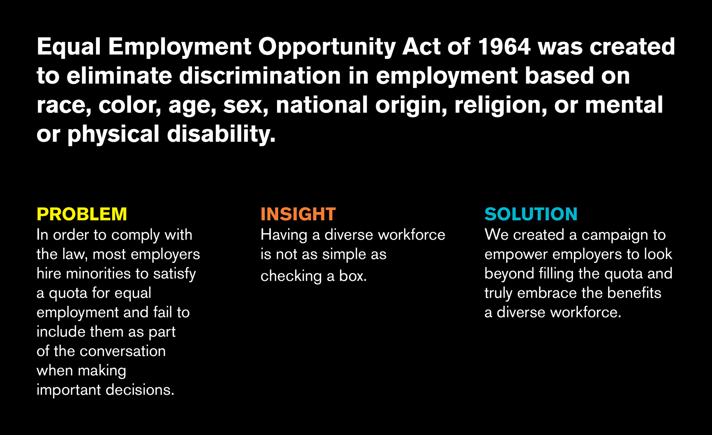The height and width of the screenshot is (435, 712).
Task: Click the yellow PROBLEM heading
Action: click(82, 214)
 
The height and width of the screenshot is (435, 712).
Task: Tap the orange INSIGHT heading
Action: click(298, 214)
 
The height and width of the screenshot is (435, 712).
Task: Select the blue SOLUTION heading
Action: click(531, 214)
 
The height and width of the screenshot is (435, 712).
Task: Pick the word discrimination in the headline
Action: click(260, 76)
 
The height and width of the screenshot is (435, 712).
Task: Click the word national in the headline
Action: click(322, 105)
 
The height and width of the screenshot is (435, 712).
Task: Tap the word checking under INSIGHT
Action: click(291, 277)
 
